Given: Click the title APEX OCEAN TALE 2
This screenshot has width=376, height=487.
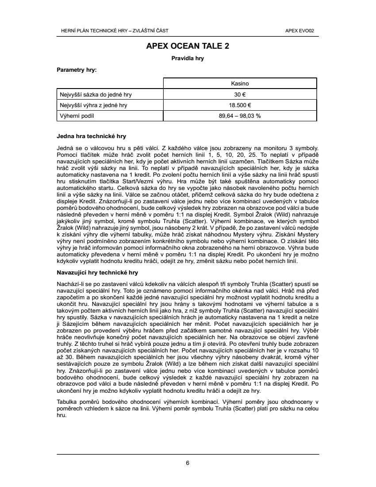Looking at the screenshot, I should pos(188,46).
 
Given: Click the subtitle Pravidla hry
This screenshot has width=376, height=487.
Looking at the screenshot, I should pos(188,58).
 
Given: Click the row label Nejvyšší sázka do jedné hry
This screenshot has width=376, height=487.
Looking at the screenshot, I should pos(96,94).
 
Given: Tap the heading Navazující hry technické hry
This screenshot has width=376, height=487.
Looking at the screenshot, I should pos(97,273).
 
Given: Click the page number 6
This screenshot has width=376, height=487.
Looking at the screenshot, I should pos(188,463).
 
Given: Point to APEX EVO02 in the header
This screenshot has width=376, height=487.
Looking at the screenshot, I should pos(303,31).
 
